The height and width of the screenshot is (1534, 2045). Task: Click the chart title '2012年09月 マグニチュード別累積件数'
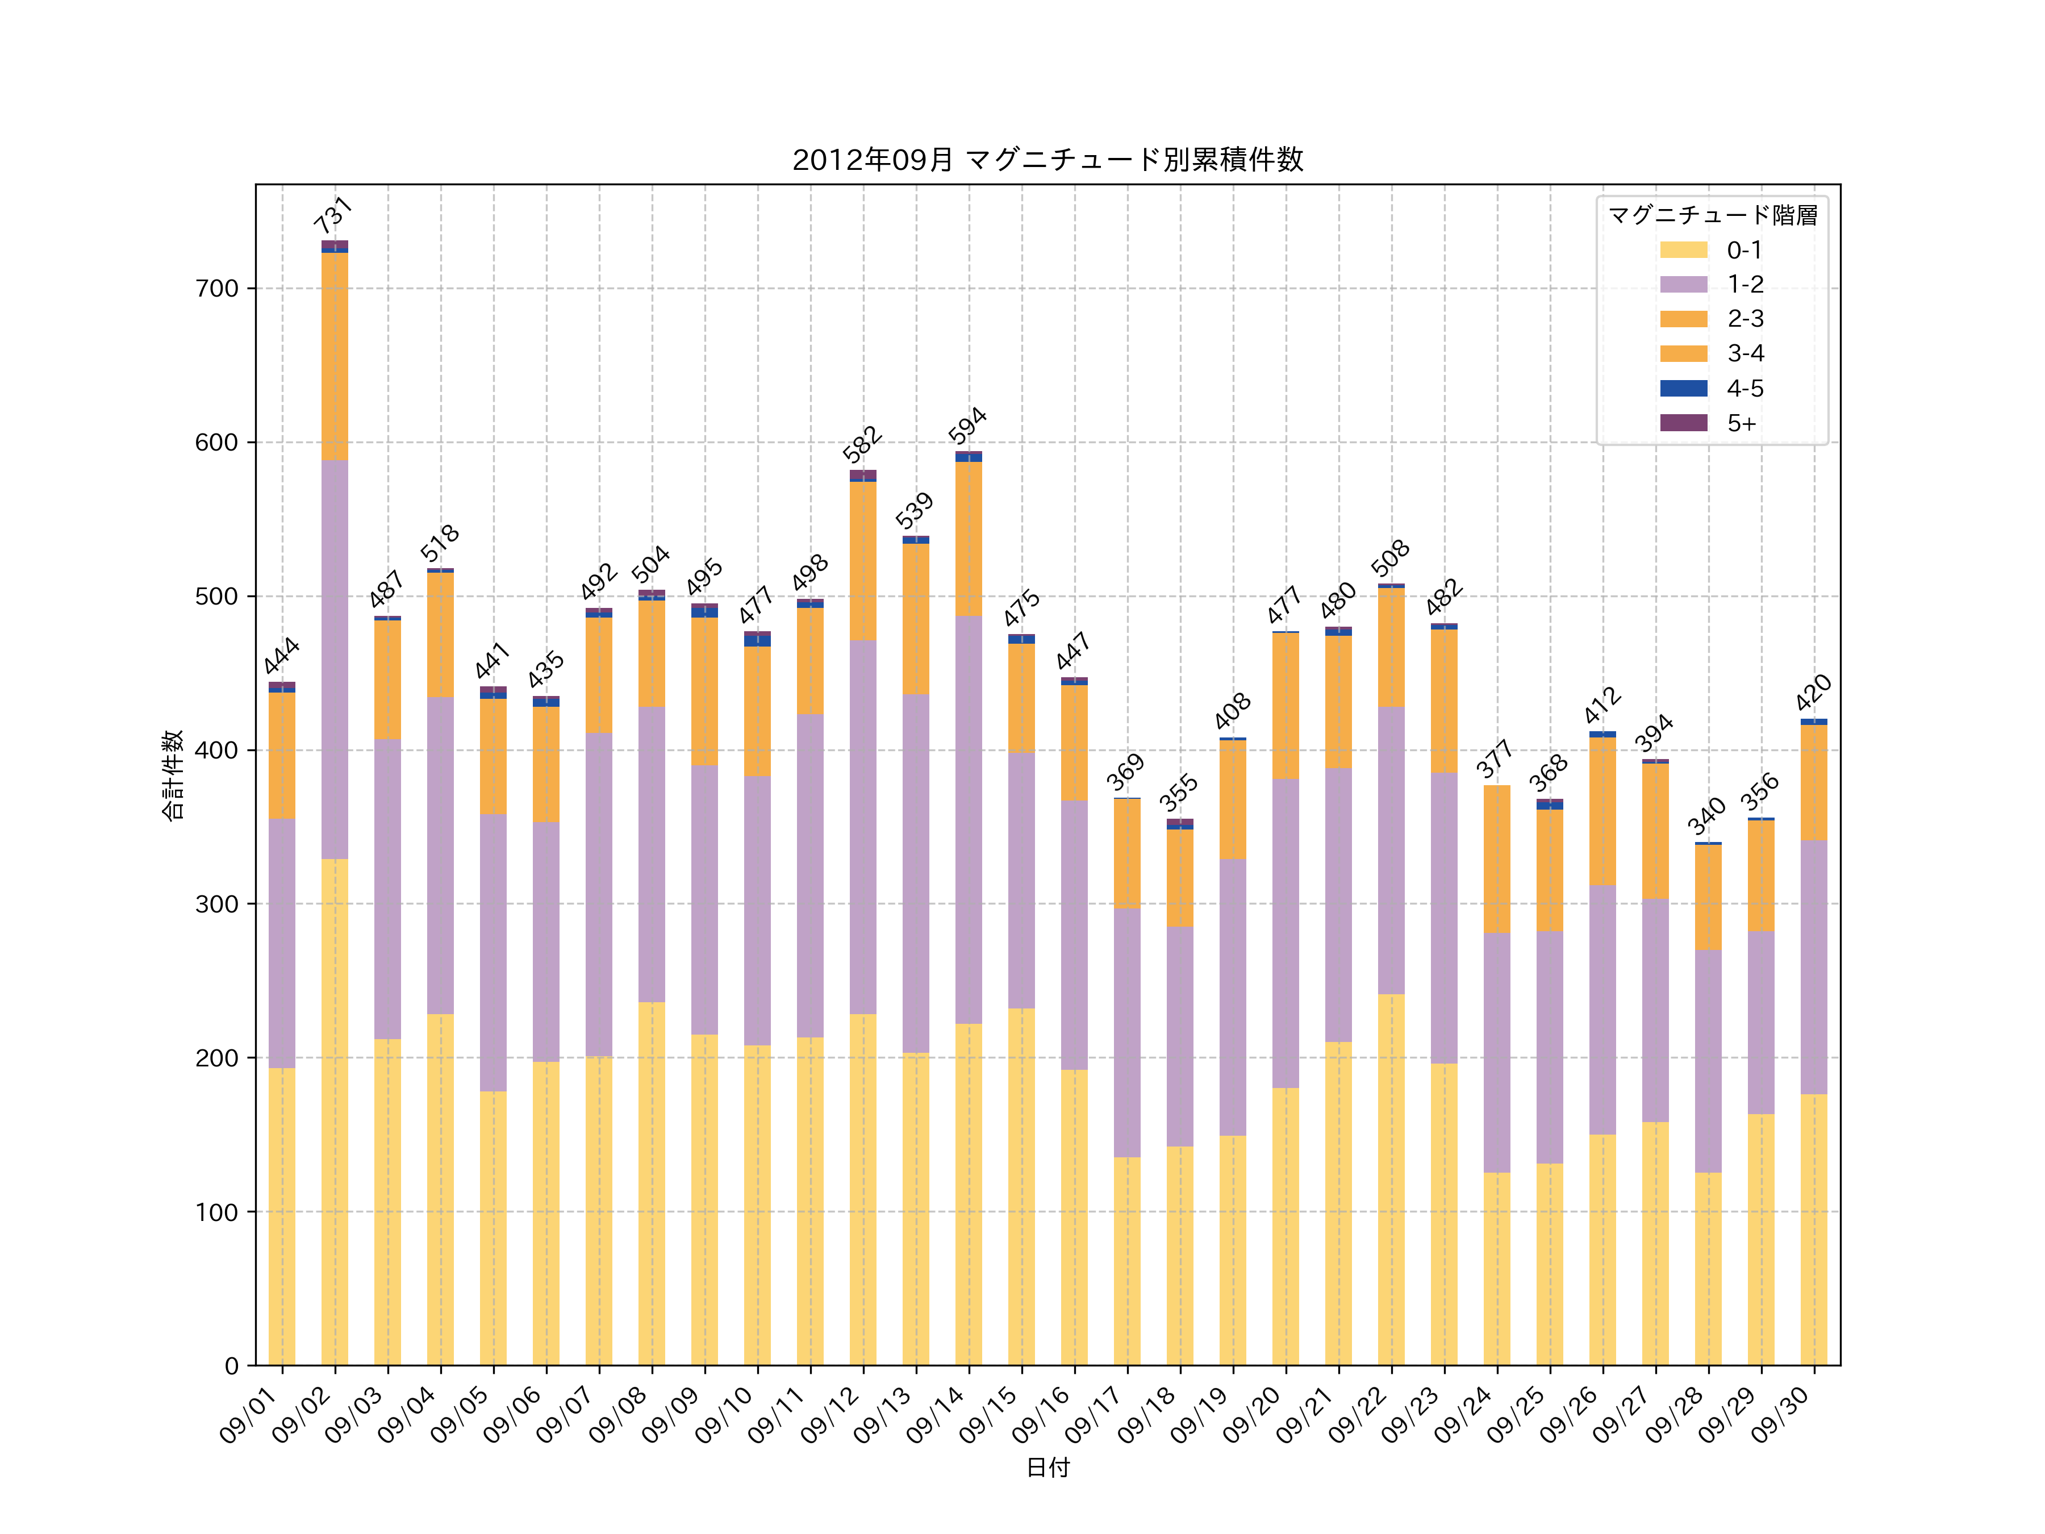tap(1047, 160)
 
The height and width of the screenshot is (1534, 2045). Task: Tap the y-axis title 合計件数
tap(173, 775)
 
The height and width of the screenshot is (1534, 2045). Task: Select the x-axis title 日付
tap(1047, 1468)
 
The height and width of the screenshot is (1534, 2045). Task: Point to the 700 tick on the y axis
tap(217, 289)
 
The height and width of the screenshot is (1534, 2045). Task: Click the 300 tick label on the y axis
tap(217, 904)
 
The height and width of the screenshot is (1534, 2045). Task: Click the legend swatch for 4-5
tap(1684, 389)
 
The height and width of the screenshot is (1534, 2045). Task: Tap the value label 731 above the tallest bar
tap(333, 215)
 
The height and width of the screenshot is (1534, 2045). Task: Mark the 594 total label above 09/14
tap(967, 426)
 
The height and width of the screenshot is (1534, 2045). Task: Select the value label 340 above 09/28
tap(1706, 815)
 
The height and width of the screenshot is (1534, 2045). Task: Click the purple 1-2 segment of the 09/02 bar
tap(335, 658)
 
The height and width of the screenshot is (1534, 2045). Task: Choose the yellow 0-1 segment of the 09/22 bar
tap(1391, 1179)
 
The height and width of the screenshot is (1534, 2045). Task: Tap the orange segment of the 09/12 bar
tap(862, 560)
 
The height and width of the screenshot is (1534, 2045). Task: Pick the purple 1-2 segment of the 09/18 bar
tap(1180, 1036)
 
